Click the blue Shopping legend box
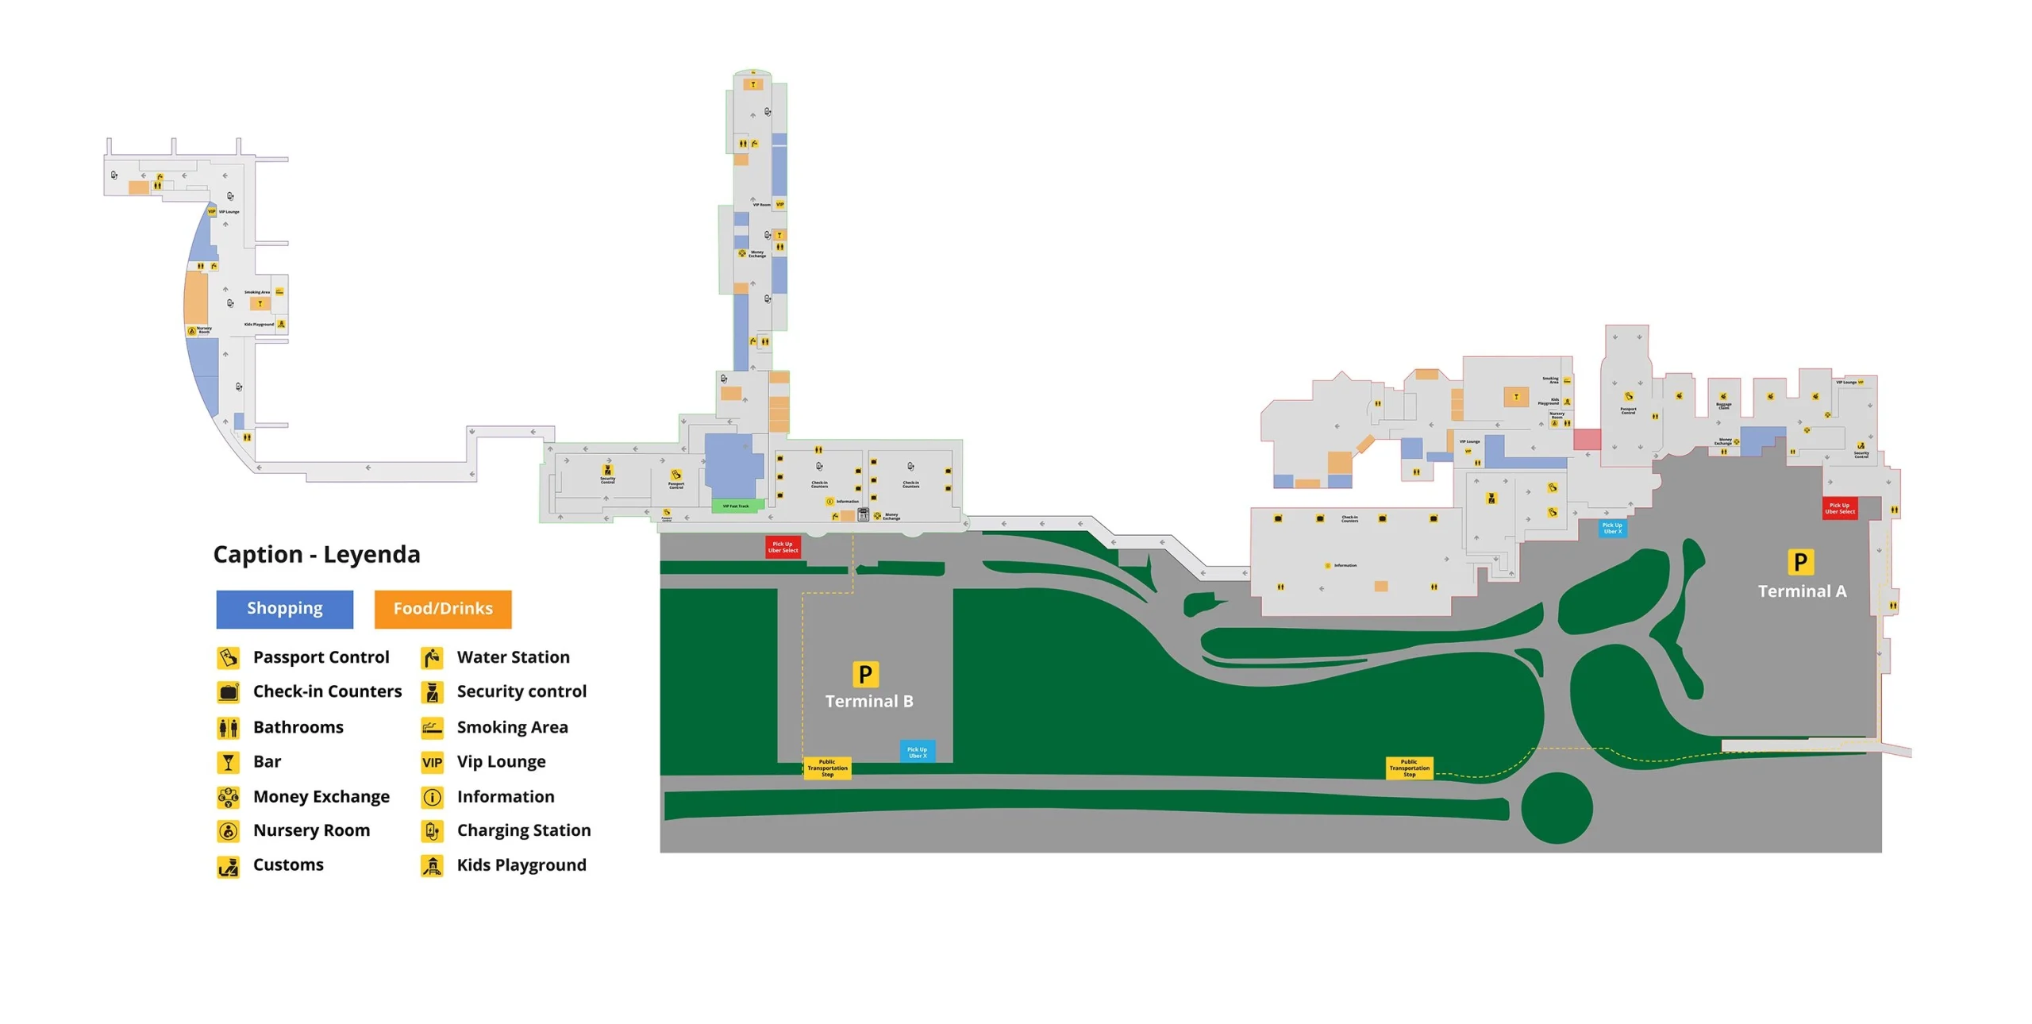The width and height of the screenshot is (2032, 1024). [x=284, y=609]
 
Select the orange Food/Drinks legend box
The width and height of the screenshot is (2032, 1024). [x=443, y=609]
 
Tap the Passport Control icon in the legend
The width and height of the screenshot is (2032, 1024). [x=228, y=657]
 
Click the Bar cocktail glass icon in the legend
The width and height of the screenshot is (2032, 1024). [x=228, y=762]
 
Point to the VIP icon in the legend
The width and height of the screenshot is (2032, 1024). [x=432, y=762]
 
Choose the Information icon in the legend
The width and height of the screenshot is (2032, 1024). [x=432, y=797]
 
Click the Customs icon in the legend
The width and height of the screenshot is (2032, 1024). [x=228, y=866]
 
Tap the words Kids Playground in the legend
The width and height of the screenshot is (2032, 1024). [x=521, y=865]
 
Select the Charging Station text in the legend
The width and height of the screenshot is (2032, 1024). [x=523, y=830]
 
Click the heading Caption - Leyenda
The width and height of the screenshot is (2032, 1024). [x=317, y=554]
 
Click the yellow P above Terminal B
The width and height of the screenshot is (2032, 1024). [x=865, y=674]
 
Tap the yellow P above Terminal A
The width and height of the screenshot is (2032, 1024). [x=1800, y=562]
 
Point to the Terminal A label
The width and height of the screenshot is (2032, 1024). [x=1802, y=591]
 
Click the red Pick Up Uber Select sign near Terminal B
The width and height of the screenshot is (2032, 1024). [x=783, y=547]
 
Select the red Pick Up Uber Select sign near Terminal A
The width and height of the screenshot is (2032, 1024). [x=1839, y=509]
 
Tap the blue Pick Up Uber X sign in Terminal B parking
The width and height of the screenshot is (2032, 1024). [x=917, y=752]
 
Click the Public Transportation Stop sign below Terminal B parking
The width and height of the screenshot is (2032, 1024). [x=827, y=768]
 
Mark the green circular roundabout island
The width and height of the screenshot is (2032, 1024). [x=1556, y=808]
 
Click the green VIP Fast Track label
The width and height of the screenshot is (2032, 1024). [x=736, y=506]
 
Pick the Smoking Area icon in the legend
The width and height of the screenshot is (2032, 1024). [x=432, y=727]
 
